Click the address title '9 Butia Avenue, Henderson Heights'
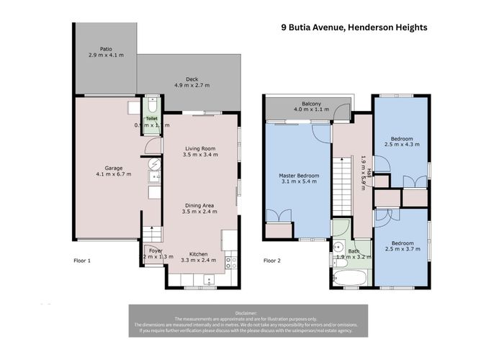tap(354, 27)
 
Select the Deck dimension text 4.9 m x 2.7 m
tap(192, 85)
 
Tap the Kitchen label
tap(199, 254)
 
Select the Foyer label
tap(156, 251)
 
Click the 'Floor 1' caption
tap(84, 260)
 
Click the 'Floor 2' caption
tap(271, 260)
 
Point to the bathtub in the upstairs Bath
tap(352, 278)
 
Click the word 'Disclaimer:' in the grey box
tap(248, 311)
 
